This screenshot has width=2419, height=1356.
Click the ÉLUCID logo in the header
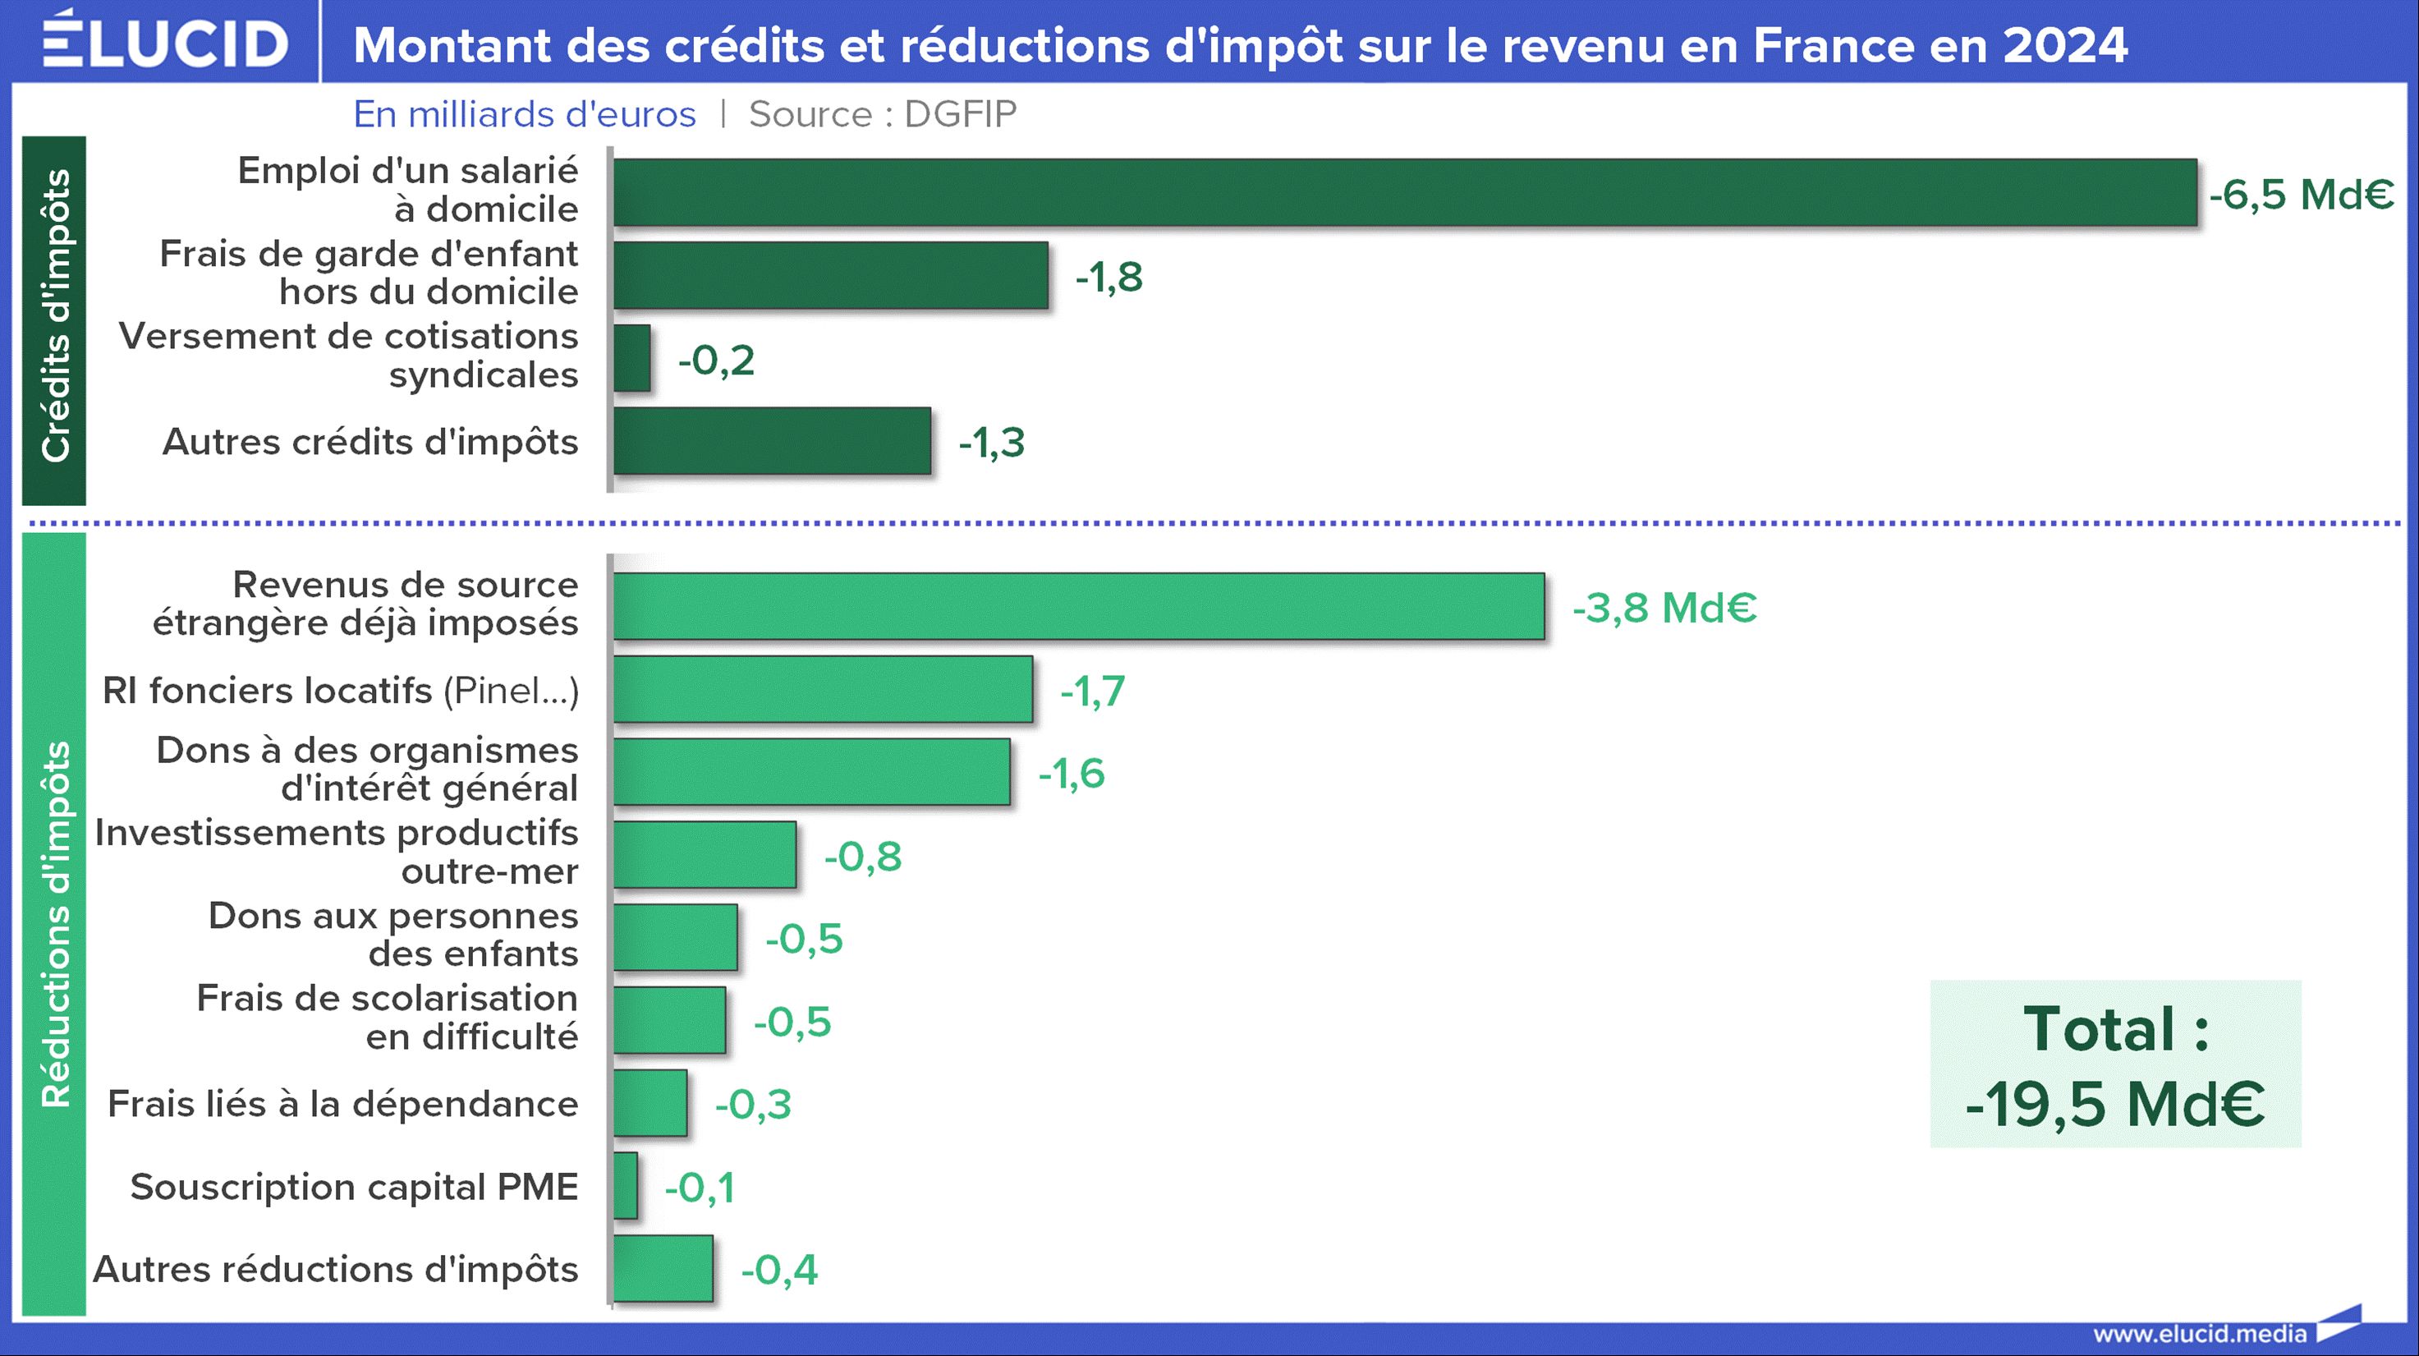pyautogui.click(x=165, y=41)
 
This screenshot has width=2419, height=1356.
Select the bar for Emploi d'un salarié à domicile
pyautogui.click(x=1404, y=192)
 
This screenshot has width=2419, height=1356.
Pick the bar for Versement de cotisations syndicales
pyautogui.click(x=632, y=358)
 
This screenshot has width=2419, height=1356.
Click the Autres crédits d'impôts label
pyautogui.click(x=370, y=441)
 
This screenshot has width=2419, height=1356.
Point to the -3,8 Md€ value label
pyautogui.click(x=1664, y=608)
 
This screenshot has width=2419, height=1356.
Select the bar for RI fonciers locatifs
pyautogui.click(x=823, y=689)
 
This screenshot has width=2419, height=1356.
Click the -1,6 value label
pyautogui.click(x=1071, y=773)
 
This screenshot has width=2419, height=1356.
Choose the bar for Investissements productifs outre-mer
pyautogui.click(x=705, y=854)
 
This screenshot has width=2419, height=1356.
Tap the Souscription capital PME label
pyautogui.click(x=354, y=1186)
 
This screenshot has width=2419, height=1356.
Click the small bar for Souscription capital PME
pyautogui.click(x=626, y=1186)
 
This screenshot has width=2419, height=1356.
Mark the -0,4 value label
pyautogui.click(x=778, y=1270)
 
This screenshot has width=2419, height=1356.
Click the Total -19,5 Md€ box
pyautogui.click(x=2114, y=1064)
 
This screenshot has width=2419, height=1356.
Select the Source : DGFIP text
pyautogui.click(x=883, y=113)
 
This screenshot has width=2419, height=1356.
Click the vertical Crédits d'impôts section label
pyautogui.click(x=54, y=316)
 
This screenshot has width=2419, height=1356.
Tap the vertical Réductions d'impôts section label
pyautogui.click(x=54, y=924)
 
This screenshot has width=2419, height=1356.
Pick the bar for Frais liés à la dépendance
pyautogui.click(x=650, y=1103)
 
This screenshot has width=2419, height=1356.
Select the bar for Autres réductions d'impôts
pyautogui.click(x=663, y=1269)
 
